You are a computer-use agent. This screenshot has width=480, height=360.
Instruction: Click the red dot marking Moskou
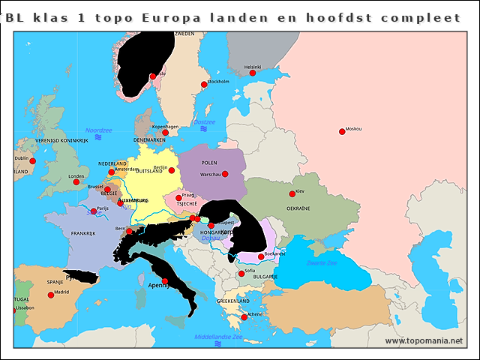click(342, 131)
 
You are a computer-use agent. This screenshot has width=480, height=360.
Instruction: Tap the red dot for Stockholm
click(203, 84)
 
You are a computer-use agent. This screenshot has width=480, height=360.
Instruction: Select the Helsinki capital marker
click(253, 73)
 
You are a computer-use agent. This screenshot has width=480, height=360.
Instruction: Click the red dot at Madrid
click(51, 295)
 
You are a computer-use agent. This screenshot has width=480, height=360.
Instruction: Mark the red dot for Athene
click(244, 317)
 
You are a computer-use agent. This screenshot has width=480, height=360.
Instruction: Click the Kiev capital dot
click(292, 194)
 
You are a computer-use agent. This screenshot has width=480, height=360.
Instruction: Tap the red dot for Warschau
click(226, 174)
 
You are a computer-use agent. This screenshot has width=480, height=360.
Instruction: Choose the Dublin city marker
click(32, 159)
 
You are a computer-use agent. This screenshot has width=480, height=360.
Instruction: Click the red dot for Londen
click(76, 181)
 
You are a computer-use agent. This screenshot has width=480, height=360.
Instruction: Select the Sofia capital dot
click(241, 274)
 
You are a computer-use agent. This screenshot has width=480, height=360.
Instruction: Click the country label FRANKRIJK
click(84, 233)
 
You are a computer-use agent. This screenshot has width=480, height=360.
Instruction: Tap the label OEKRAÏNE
click(297, 208)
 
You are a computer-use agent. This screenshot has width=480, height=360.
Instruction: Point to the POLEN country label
click(209, 162)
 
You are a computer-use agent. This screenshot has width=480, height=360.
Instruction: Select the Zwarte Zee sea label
click(322, 263)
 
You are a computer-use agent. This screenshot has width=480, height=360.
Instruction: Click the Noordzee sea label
click(98, 130)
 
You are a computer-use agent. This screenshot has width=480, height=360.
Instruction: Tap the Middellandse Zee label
click(218, 337)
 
